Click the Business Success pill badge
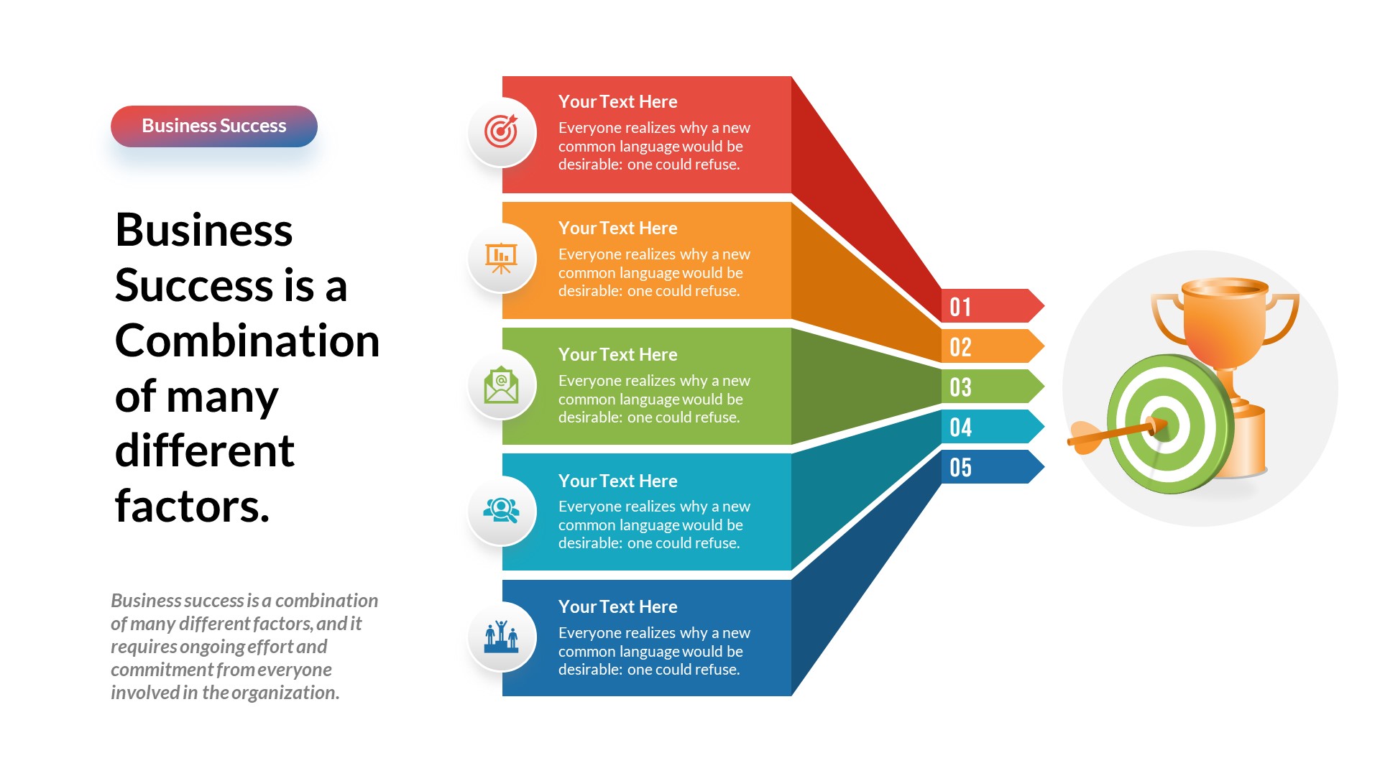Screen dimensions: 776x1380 [x=213, y=126]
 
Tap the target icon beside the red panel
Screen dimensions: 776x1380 [x=501, y=131]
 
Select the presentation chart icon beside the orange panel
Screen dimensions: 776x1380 [x=501, y=258]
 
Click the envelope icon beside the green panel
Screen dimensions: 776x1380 [x=501, y=385]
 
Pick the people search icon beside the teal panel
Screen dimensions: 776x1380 [x=501, y=511]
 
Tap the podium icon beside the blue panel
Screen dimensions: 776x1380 [x=501, y=637]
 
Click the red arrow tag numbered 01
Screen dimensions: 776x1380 [x=988, y=307]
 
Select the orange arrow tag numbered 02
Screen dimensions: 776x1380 [x=988, y=347]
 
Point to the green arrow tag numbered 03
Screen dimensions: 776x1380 [x=988, y=387]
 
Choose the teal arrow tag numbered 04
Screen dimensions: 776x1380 [x=988, y=428]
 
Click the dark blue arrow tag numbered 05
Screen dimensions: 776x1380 [x=988, y=468]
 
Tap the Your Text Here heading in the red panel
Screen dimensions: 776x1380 [x=617, y=102]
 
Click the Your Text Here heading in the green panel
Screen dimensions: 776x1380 [x=617, y=355]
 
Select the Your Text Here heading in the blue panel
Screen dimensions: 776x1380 [x=617, y=607]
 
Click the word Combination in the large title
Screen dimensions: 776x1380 [x=247, y=341]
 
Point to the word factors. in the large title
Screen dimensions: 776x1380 [x=192, y=507]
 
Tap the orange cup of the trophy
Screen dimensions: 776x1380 [x=1223, y=320]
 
